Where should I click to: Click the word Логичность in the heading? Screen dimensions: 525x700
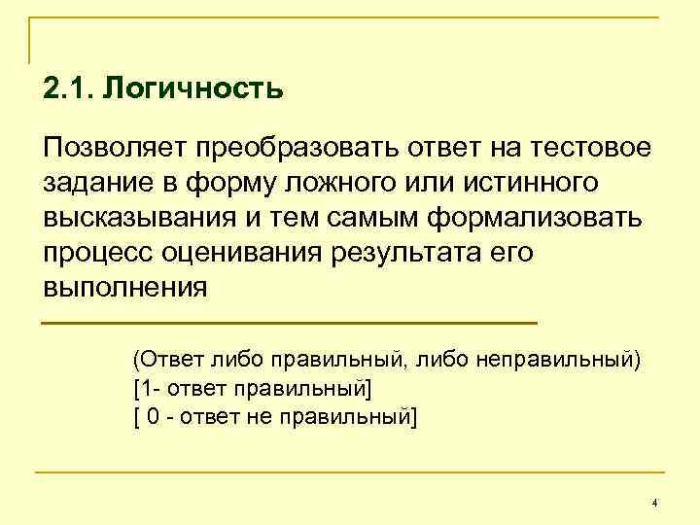pos(193,89)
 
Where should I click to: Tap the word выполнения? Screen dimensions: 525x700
pos(125,288)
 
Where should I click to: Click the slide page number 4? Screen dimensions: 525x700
pos(654,503)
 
